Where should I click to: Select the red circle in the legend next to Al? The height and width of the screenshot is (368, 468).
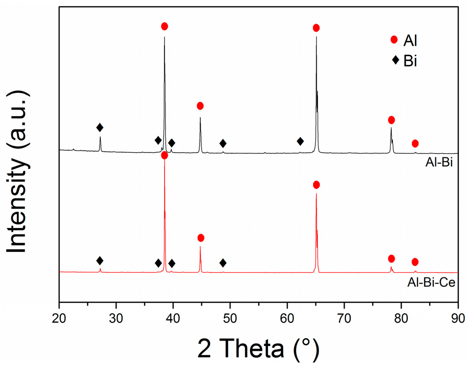coord(394,40)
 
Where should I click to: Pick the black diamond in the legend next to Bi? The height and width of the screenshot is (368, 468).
coord(394,60)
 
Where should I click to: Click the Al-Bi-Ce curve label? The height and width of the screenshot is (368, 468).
coord(431,283)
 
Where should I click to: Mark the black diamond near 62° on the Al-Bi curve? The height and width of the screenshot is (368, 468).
coord(300,141)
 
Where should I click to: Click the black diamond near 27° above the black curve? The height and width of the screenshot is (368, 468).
coord(100,127)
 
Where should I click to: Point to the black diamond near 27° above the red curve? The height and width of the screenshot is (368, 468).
coord(100,261)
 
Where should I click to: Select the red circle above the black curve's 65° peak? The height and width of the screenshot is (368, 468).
coord(316,28)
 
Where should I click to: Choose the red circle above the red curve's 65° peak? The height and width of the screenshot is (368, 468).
coord(316,185)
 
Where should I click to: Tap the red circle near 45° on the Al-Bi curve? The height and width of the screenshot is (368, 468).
coord(200,106)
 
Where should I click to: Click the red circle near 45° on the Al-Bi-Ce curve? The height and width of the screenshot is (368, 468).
coord(201,238)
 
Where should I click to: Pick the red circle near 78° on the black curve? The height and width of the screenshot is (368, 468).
coord(391,120)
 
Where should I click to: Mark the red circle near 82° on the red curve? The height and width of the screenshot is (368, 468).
coord(415,262)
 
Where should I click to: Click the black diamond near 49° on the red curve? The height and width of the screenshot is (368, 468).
coord(223,263)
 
